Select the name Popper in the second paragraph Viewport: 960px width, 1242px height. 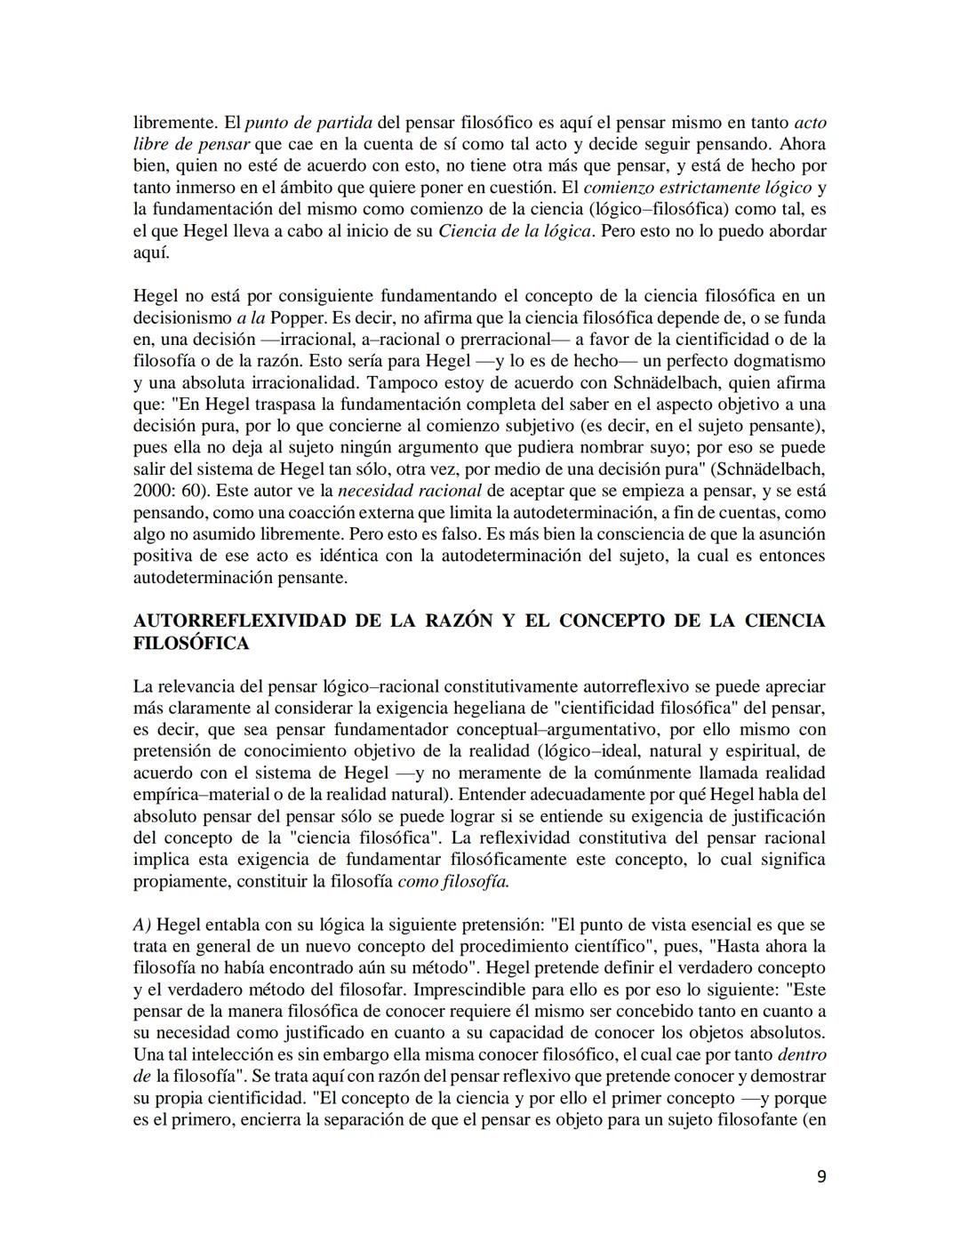298,318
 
